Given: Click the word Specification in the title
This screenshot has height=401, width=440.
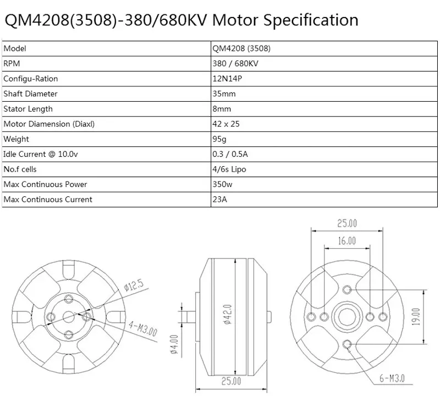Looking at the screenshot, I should pos(311,20).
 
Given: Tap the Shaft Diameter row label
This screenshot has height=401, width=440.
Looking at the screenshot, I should pos(30,94).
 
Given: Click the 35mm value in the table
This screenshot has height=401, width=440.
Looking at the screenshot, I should pos(223,94).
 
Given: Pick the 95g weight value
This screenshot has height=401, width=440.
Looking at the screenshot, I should pos(219,139).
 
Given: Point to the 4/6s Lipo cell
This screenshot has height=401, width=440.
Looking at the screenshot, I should pos(229,169).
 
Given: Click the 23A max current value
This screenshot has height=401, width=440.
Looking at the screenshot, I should pos(219,200).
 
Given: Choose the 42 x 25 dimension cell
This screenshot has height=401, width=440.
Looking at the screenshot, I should pos(226,124).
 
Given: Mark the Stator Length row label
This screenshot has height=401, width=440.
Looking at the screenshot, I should pos(28,109).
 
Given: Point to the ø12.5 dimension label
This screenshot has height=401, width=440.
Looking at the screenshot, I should pos(134,285).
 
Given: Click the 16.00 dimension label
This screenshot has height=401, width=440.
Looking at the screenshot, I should pos(346,240).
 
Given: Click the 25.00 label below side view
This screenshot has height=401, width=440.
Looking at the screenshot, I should pos(231,381).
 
